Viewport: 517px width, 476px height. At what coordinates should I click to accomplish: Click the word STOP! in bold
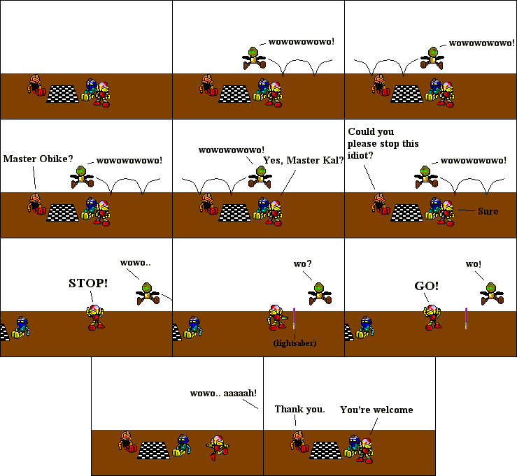pyautogui.click(x=88, y=283)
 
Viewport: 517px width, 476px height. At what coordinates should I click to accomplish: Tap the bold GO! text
pyautogui.click(x=427, y=285)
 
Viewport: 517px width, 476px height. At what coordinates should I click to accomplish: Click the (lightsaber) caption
pyautogui.click(x=295, y=343)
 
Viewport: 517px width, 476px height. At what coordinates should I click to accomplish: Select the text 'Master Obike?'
pyautogui.click(x=37, y=159)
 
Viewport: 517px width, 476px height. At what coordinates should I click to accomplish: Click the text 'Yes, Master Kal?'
pyautogui.click(x=303, y=160)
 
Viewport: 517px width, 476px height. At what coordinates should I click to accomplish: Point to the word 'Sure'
pyautogui.click(x=488, y=210)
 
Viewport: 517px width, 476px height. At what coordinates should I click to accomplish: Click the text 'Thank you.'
pyautogui.click(x=299, y=409)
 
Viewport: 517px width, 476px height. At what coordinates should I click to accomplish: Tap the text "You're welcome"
pyautogui.click(x=376, y=410)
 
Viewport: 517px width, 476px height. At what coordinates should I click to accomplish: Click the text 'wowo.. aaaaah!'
pyautogui.click(x=223, y=393)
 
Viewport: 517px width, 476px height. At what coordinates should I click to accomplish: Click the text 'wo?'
pyautogui.click(x=302, y=264)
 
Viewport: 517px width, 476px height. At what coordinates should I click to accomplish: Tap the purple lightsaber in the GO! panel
pyautogui.click(x=466, y=317)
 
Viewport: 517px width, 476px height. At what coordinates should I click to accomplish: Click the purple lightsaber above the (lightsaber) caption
pyautogui.click(x=295, y=317)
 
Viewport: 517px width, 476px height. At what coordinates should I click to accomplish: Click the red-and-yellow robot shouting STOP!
pyautogui.click(x=95, y=316)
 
